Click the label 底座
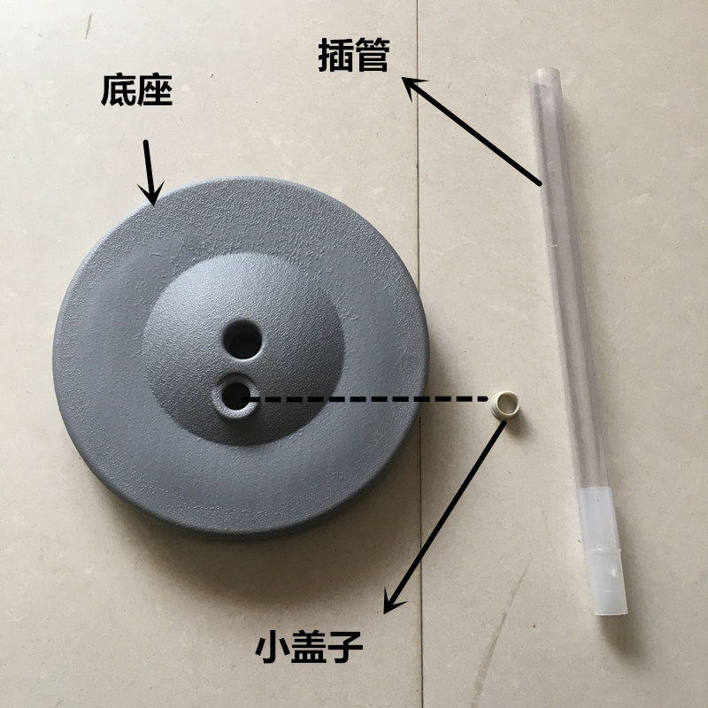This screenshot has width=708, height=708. pos(136,90)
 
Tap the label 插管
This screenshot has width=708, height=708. pos(353,55)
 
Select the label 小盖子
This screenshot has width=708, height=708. pos(309,647)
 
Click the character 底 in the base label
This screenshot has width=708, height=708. pos(119,90)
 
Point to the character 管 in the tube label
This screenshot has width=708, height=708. pos(372,55)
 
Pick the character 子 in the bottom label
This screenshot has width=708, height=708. pos(345,647)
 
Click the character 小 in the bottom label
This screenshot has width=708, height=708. pos(273,647)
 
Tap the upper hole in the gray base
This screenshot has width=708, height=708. pos(242,340)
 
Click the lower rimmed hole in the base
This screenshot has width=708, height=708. pos(235,396)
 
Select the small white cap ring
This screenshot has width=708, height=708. pos(504,404)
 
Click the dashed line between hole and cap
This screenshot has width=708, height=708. pos(365,399)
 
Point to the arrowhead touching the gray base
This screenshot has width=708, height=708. pos(151,195)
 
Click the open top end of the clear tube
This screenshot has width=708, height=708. pos(545,76)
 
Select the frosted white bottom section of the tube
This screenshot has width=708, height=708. pos(603,550)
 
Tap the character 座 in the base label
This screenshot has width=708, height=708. pos(154,90)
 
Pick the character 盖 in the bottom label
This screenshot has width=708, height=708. pos(309,647)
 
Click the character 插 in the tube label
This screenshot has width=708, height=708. pos(335,55)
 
